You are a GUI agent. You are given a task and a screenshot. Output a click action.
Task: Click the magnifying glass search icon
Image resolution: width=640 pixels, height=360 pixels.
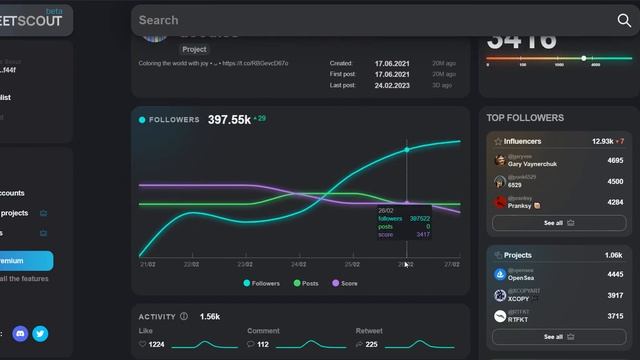[624, 20]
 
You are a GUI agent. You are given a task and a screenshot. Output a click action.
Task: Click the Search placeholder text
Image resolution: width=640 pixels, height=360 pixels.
[159, 20]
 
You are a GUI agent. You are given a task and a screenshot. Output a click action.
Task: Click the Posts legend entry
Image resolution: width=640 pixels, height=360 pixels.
[307, 283]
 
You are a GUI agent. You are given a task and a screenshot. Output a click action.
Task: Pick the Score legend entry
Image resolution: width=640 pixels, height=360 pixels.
[345, 283]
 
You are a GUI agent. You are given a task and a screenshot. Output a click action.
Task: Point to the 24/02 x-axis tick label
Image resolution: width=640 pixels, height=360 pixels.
[298, 265]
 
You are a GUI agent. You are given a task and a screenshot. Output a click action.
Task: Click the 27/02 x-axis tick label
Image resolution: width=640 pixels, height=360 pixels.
[451, 265]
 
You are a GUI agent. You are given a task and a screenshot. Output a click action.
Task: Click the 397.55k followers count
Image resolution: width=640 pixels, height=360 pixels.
[229, 120]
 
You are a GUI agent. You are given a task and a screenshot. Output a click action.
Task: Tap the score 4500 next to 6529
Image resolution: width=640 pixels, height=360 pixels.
[615, 182]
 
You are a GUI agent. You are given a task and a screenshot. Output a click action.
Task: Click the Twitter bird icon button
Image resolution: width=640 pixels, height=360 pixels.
[40, 334]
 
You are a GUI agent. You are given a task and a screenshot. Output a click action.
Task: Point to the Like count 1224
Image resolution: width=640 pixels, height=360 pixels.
[156, 344]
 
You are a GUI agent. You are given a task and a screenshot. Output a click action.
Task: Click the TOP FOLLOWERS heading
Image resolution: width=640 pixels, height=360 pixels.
[525, 118]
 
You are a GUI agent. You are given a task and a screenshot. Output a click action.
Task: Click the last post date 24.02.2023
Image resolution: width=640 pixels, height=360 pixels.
[395, 85]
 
